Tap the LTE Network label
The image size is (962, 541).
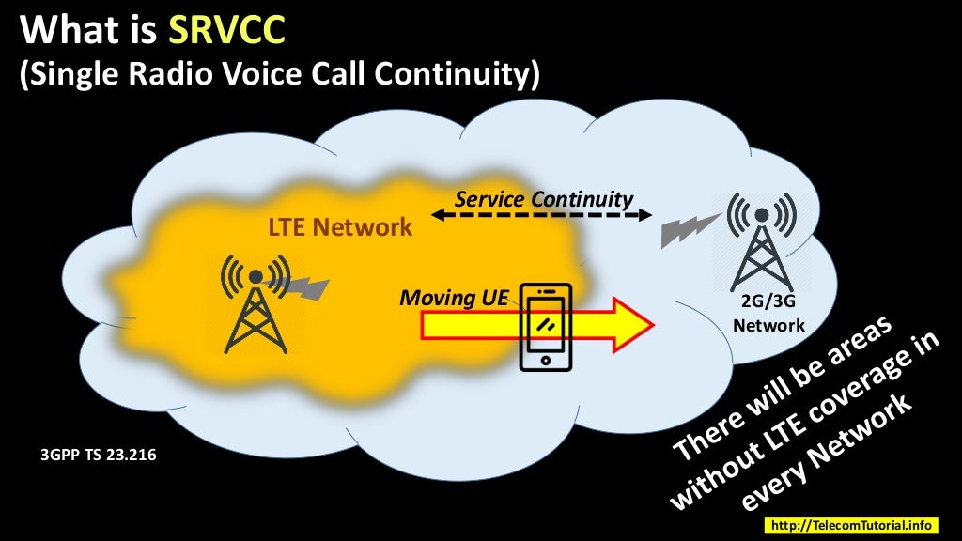click(x=340, y=226)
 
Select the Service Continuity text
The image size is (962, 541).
click(x=543, y=199)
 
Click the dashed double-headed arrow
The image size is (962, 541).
click(x=542, y=215)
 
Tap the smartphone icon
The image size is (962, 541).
click(x=547, y=327)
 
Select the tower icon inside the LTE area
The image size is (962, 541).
click(x=255, y=305)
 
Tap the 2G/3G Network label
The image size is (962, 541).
click(x=768, y=315)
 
